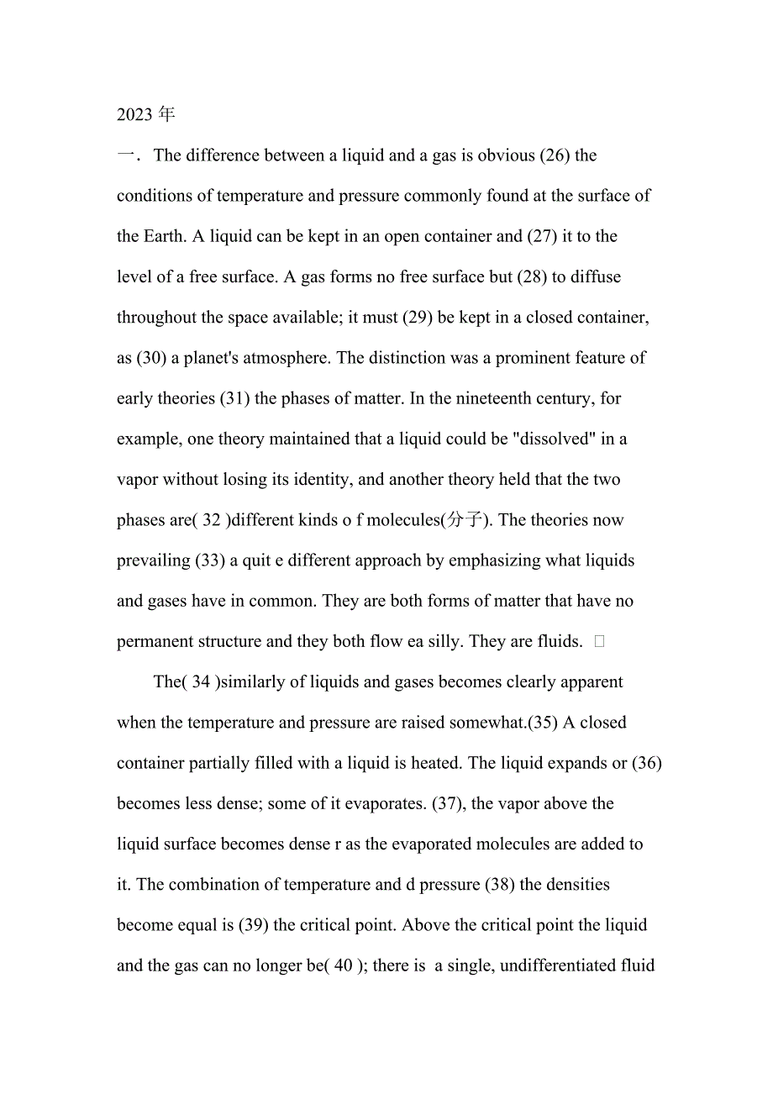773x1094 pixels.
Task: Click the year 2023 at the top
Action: pyautogui.click(x=134, y=115)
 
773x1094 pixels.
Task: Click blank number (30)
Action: pyautogui.click(x=153, y=358)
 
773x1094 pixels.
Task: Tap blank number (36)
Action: pyautogui.click(x=648, y=763)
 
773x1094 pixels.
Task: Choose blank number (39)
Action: pyautogui.click(x=254, y=925)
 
